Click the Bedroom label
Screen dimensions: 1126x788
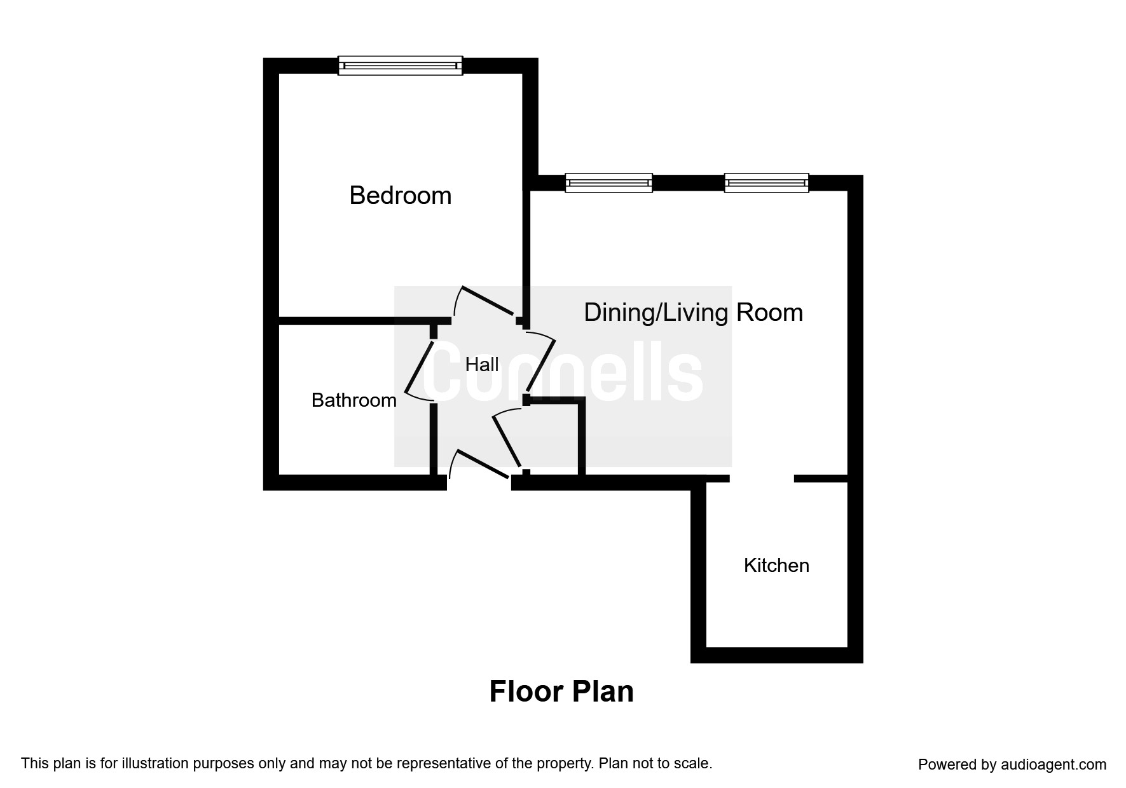pyautogui.click(x=401, y=195)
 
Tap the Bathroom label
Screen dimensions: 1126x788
pyautogui.click(x=354, y=400)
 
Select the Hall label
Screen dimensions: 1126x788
pyautogui.click(x=482, y=364)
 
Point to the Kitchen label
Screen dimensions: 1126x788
pyautogui.click(x=776, y=565)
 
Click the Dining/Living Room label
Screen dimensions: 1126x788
pyautogui.click(x=693, y=313)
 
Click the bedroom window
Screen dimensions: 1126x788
pyautogui.click(x=400, y=65)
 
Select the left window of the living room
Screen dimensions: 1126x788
pyautogui.click(x=608, y=182)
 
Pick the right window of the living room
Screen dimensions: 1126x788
pyautogui.click(x=766, y=182)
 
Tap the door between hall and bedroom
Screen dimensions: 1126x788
pyautogui.click(x=487, y=301)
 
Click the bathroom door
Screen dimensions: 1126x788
pyautogui.click(x=419, y=367)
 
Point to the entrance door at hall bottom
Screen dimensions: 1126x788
pyautogui.click(x=482, y=464)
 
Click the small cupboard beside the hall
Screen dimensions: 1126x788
pyautogui.click(x=553, y=437)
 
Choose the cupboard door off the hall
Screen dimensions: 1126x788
pyautogui.click(x=507, y=438)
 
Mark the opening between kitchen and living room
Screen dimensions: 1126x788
pyautogui.click(x=762, y=478)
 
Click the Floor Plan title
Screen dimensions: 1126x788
pyautogui.click(x=561, y=691)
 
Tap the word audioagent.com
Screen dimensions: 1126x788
pyautogui.click(x=1054, y=764)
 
